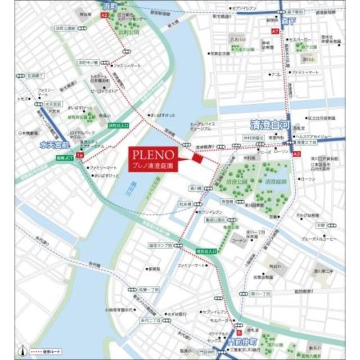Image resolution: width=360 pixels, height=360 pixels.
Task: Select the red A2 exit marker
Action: pyautogui.click(x=105, y=17)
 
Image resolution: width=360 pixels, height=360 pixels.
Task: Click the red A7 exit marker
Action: pyautogui.click(x=275, y=31)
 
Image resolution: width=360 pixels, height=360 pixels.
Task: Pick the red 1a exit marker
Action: pyautogui.click(x=80, y=154)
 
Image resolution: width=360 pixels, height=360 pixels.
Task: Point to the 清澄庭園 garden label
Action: pyautogui.click(x=269, y=182)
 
